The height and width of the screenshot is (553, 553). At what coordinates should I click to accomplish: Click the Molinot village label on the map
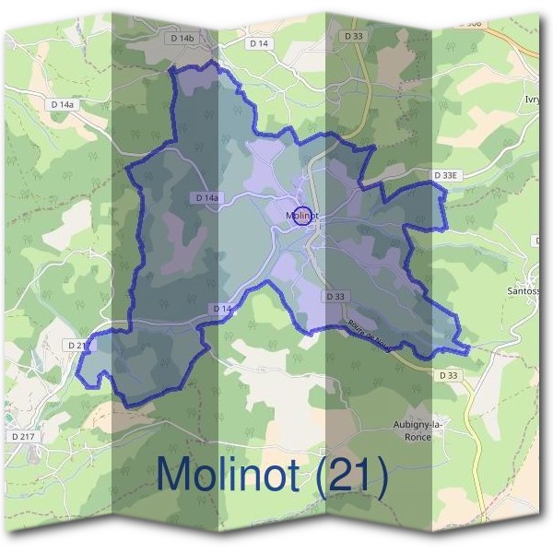pyautogui.click(x=301, y=217)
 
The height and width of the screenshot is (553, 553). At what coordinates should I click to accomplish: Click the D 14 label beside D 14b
pyautogui.click(x=259, y=43)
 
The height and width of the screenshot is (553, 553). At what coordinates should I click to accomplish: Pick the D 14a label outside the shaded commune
pyautogui.click(x=62, y=106)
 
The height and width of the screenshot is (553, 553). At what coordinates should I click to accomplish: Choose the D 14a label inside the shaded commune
pyautogui.click(x=208, y=198)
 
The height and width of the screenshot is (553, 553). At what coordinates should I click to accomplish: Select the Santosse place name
pyautogui.click(x=526, y=291)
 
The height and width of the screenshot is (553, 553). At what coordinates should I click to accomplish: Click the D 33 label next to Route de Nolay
pyautogui.click(x=336, y=296)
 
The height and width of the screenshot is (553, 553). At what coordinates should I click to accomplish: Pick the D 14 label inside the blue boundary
pyautogui.click(x=221, y=308)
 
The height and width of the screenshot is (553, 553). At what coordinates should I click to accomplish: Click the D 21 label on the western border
pyautogui.click(x=77, y=344)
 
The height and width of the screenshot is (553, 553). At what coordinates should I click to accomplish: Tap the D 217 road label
pyautogui.click(x=22, y=435)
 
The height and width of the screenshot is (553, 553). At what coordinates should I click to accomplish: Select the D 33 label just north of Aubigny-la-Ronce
pyautogui.click(x=448, y=375)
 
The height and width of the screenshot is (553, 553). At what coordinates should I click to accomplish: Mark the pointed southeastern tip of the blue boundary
pyautogui.click(x=468, y=348)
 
